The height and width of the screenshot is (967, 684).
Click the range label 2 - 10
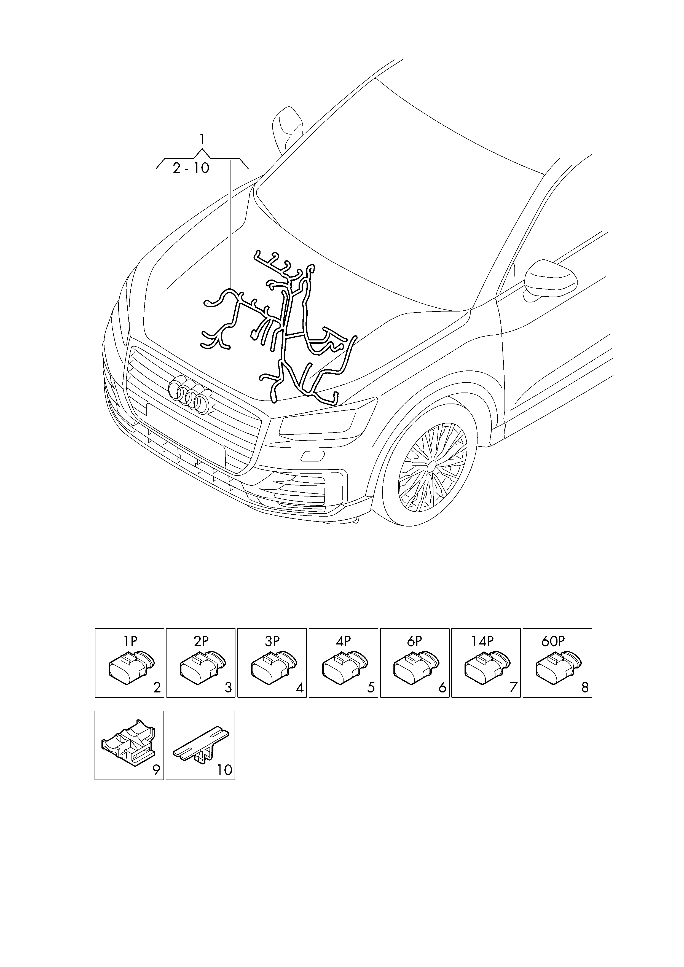click(x=191, y=168)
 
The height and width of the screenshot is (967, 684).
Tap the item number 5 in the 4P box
click(x=371, y=688)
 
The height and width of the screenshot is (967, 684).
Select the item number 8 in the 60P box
click(x=584, y=688)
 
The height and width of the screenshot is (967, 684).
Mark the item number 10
click(x=224, y=770)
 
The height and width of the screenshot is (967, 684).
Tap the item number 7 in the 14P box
click(x=513, y=688)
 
